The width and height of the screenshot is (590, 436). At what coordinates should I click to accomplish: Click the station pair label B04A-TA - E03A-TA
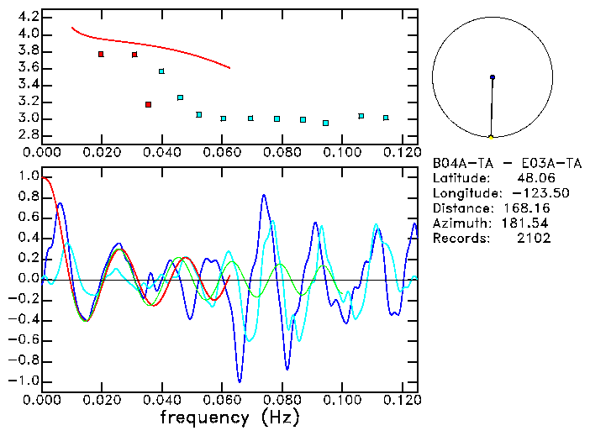[506, 163]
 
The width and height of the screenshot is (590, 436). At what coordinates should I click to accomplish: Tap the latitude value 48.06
[533, 178]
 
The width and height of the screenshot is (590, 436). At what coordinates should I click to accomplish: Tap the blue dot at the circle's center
[493, 77]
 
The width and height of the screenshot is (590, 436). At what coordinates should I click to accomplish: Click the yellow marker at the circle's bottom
[491, 136]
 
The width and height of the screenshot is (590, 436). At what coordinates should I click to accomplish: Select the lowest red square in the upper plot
[148, 105]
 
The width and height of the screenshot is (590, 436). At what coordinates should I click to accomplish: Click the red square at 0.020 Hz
[101, 55]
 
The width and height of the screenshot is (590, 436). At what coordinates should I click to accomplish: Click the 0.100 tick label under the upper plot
[342, 152]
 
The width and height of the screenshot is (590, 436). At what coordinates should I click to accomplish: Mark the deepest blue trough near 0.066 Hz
[240, 381]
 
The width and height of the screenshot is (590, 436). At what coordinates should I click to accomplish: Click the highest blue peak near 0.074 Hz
[263, 196]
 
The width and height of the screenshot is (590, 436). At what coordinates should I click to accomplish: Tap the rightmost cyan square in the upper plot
[386, 118]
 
